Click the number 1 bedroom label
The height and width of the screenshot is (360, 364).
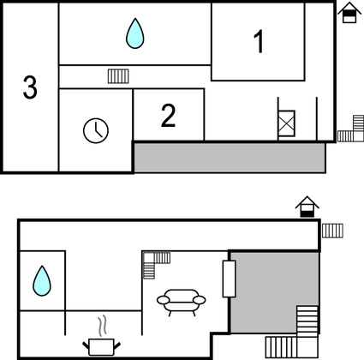(259, 42)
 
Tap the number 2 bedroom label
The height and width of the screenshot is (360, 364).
(168, 115)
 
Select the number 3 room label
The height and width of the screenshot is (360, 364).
(30, 87)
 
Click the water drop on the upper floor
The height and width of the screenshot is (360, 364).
(135, 33)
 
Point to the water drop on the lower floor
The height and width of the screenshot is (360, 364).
(42, 281)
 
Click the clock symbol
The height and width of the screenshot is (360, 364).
(96, 130)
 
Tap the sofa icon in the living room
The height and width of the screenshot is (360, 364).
(181, 303)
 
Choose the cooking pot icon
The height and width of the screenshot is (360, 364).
(101, 347)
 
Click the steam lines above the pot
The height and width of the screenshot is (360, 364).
(103, 326)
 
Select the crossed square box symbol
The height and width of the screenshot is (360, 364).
(286, 123)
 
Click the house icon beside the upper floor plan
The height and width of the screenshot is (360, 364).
(349, 13)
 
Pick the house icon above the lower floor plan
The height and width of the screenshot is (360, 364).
(307, 207)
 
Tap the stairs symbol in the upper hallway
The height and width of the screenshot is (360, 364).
(118, 76)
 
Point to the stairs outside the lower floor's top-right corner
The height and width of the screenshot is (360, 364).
(332, 231)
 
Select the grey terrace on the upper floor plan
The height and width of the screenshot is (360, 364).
(230, 158)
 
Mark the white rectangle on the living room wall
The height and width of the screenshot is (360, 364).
(229, 279)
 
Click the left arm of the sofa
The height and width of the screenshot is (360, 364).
(164, 300)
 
